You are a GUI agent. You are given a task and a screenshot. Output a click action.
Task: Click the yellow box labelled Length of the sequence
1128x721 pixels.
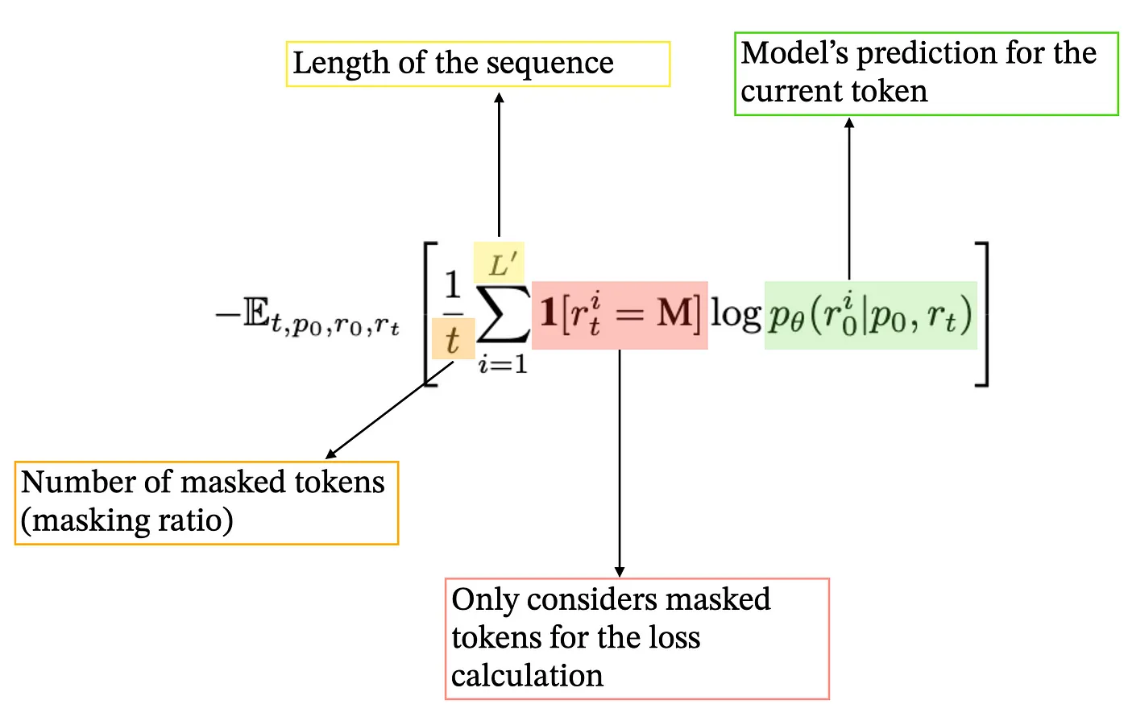pos(478,64)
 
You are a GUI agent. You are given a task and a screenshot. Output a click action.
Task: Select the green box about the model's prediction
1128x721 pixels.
pos(926,73)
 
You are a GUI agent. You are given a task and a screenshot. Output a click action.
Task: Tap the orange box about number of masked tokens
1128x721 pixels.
pos(206,503)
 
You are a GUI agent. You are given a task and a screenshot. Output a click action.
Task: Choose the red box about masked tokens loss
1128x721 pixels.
pos(637,638)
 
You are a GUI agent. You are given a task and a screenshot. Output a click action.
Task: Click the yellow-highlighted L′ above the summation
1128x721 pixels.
pos(499,263)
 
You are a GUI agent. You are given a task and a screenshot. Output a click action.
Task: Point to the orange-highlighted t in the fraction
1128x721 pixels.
pos(452,339)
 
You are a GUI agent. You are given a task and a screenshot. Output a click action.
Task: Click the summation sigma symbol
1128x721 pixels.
pos(503,314)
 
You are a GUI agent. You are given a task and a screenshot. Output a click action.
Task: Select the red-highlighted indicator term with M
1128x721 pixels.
pos(619,315)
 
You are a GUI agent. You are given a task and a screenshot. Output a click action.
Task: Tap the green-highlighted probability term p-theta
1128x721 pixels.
pos(870,315)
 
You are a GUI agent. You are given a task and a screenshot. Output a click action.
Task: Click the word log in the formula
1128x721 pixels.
pos(735,314)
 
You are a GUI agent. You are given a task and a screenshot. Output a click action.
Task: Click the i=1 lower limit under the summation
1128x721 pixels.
pos(503,365)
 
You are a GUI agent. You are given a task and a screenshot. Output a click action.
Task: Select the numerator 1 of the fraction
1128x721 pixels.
pos(453,285)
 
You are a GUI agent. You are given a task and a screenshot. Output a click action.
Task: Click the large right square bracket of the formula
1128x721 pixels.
pos(982,315)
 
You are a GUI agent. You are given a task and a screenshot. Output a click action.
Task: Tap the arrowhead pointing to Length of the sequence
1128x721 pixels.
pos(499,97)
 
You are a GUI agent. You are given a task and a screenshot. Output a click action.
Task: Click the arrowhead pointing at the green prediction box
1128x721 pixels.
pos(849,124)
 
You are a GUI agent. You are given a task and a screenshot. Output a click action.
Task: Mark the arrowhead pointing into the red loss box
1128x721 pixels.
pos(620,571)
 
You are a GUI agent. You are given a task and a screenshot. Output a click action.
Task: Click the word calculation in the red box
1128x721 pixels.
pos(527,676)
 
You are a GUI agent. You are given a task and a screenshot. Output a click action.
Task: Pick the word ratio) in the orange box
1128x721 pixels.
pos(196,520)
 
